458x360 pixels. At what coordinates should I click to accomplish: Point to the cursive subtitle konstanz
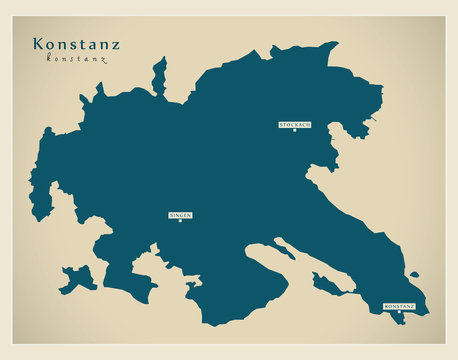tap(76, 59)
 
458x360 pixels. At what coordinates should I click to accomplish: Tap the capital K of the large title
tap(39, 44)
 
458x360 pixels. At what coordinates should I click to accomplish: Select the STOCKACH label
tap(295, 124)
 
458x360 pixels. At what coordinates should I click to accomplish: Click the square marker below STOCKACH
tap(294, 130)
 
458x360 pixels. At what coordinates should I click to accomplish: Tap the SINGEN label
tap(180, 215)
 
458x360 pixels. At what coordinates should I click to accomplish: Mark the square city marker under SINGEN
tap(180, 221)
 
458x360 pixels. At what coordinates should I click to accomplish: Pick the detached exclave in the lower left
tap(78, 277)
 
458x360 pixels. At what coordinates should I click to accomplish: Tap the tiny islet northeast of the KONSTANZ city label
tap(414, 274)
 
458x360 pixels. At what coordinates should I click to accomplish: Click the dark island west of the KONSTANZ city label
tap(327, 285)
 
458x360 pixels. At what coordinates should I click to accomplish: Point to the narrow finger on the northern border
tap(159, 75)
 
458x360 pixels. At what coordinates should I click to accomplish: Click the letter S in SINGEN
tap(171, 215)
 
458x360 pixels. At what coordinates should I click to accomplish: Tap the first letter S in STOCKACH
tap(282, 124)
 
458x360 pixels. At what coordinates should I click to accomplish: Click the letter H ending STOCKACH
tap(309, 124)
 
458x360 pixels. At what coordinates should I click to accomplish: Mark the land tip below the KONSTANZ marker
tap(402, 321)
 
